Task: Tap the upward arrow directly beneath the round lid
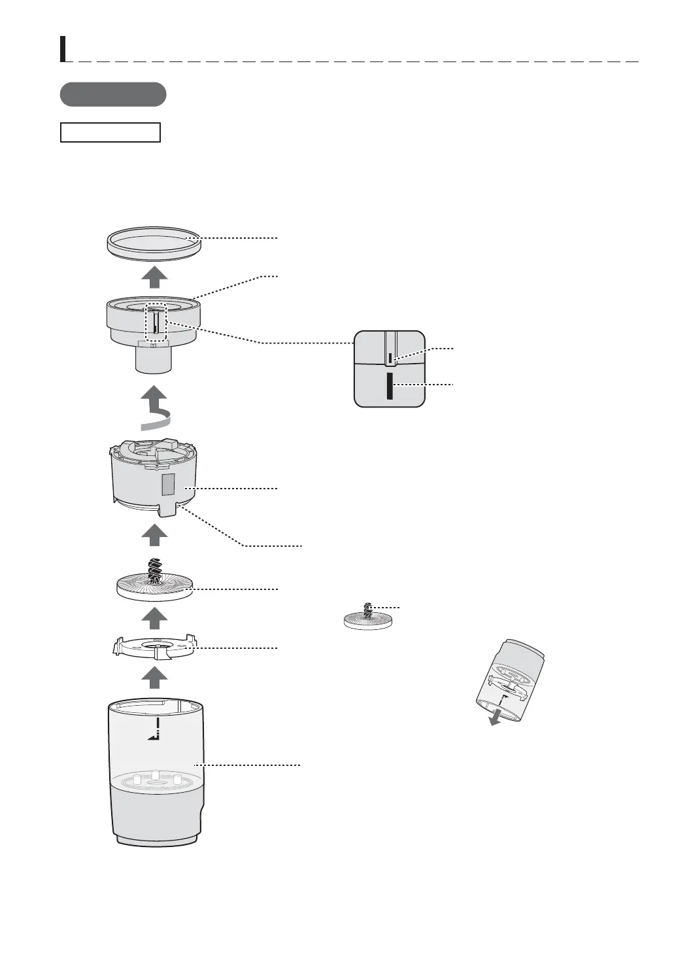154,277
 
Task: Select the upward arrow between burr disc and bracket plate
154,617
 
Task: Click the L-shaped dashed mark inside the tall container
155,729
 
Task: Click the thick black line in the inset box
389,386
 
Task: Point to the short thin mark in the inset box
390,358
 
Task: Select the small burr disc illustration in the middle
367,619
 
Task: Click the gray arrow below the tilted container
497,717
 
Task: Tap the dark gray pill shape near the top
112,94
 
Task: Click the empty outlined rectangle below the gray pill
110,132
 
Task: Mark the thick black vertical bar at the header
63,48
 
